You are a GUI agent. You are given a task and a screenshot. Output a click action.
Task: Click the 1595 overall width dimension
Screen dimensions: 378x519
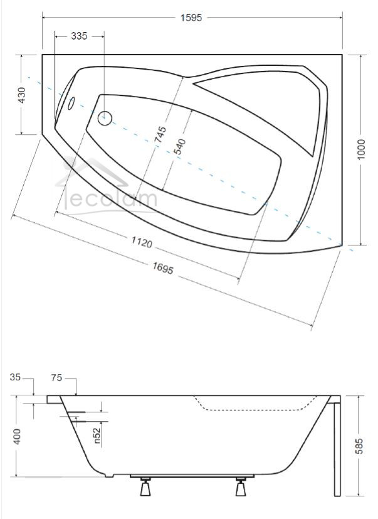point(191,17)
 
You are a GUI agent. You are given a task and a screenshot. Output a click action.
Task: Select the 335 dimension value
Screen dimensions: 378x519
point(79,36)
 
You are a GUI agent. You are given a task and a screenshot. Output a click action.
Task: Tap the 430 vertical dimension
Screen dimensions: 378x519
point(22,95)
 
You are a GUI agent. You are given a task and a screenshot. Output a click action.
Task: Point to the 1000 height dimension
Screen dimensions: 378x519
point(361,149)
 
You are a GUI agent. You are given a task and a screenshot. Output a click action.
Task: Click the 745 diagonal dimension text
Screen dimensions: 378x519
point(160,134)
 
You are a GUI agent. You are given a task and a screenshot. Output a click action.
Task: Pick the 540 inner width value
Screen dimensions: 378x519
point(179,147)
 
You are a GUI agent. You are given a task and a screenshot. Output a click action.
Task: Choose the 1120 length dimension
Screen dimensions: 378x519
point(142,242)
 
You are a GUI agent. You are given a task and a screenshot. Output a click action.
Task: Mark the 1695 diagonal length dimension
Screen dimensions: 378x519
point(163,268)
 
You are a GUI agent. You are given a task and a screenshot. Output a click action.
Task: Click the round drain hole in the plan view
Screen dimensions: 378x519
point(105,118)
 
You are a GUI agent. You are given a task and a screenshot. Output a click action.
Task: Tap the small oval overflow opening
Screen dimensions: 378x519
point(71,104)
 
